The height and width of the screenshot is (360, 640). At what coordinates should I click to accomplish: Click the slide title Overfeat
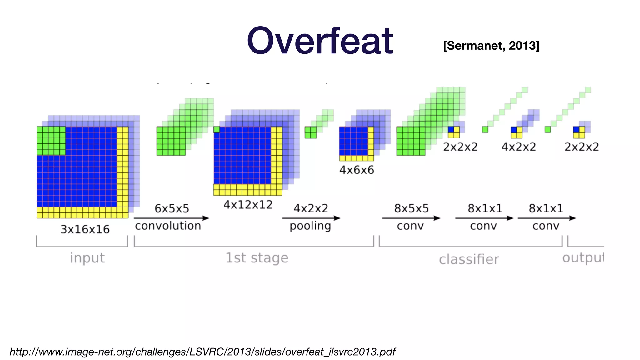[x=320, y=41]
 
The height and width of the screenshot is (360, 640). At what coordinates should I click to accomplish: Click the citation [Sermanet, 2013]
[x=491, y=46]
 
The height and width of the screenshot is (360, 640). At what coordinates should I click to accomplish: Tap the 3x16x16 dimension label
[x=85, y=229]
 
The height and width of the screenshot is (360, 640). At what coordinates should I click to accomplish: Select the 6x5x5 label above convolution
[x=172, y=208]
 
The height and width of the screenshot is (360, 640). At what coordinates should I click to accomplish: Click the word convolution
[x=168, y=226]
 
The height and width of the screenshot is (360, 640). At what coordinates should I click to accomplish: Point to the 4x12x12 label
[x=248, y=205]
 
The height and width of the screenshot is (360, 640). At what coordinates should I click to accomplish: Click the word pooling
[x=310, y=226]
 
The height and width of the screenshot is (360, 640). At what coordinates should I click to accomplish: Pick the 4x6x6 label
[x=357, y=170]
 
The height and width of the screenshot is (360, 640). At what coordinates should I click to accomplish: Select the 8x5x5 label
[x=411, y=208]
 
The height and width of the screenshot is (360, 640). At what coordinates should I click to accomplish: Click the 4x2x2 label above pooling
[x=311, y=208]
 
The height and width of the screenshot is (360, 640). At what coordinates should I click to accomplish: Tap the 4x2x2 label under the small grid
[x=518, y=147]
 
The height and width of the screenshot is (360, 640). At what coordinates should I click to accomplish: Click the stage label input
[x=87, y=258]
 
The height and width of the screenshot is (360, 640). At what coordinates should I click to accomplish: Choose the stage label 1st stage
[x=257, y=258]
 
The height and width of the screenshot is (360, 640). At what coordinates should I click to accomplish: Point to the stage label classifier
[x=469, y=259]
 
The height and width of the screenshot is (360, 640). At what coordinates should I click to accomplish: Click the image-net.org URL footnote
[x=202, y=352]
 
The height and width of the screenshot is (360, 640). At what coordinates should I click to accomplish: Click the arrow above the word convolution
[x=171, y=218]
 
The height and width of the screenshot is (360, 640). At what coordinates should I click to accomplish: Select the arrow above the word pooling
[x=311, y=218]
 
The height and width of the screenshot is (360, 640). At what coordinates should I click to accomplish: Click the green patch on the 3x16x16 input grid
[x=51, y=141]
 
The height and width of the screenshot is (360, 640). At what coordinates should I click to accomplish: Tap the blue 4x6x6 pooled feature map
[x=354, y=141]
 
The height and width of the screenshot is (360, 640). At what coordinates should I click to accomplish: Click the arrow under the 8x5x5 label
[x=411, y=218]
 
